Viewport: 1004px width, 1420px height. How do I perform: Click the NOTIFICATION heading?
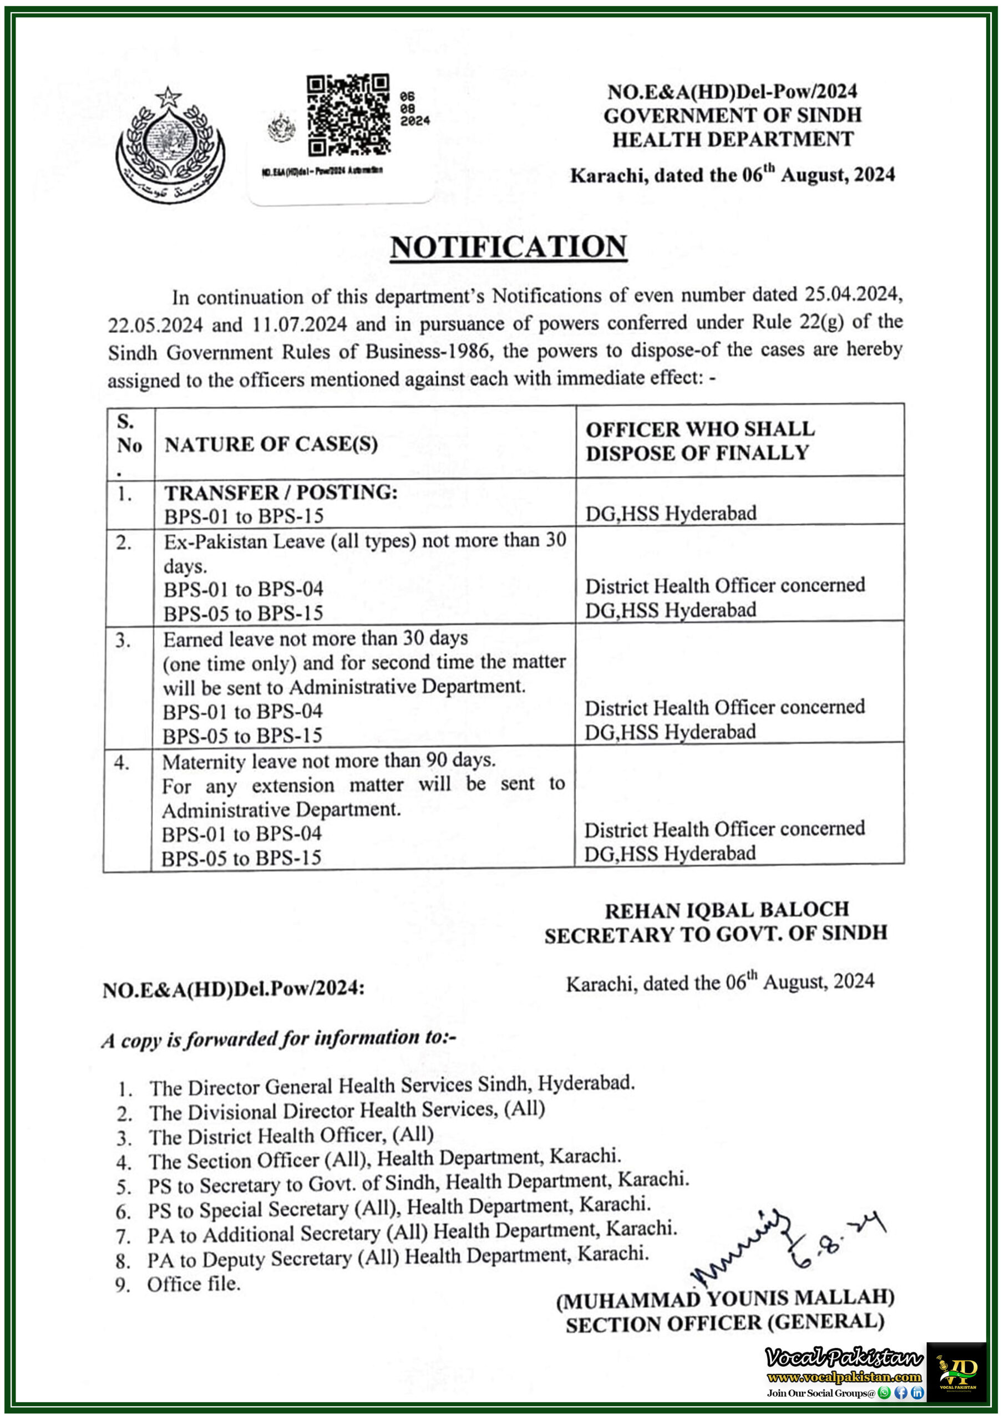(508, 247)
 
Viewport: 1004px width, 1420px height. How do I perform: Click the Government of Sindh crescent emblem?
(170, 145)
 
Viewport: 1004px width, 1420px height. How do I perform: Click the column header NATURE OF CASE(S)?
(271, 444)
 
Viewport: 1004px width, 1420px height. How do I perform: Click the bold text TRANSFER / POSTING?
(280, 493)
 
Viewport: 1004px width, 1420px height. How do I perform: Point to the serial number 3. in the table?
(123, 640)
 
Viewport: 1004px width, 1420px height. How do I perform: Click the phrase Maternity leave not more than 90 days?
(328, 760)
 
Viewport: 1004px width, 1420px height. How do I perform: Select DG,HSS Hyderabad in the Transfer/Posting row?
(671, 513)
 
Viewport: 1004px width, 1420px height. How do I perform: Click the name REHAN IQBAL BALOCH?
(726, 910)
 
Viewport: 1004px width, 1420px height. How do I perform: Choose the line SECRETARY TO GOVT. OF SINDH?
(716, 934)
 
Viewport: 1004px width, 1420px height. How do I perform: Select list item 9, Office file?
(193, 1284)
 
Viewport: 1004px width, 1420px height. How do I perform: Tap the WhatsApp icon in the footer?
(885, 1393)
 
